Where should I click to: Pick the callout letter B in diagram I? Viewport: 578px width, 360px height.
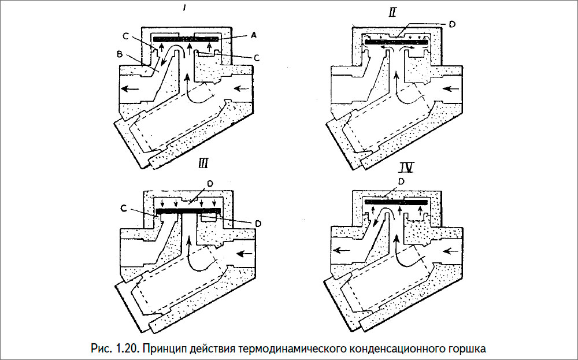[x=120, y=55]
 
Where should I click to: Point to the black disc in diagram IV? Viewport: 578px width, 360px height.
[x=395, y=203]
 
